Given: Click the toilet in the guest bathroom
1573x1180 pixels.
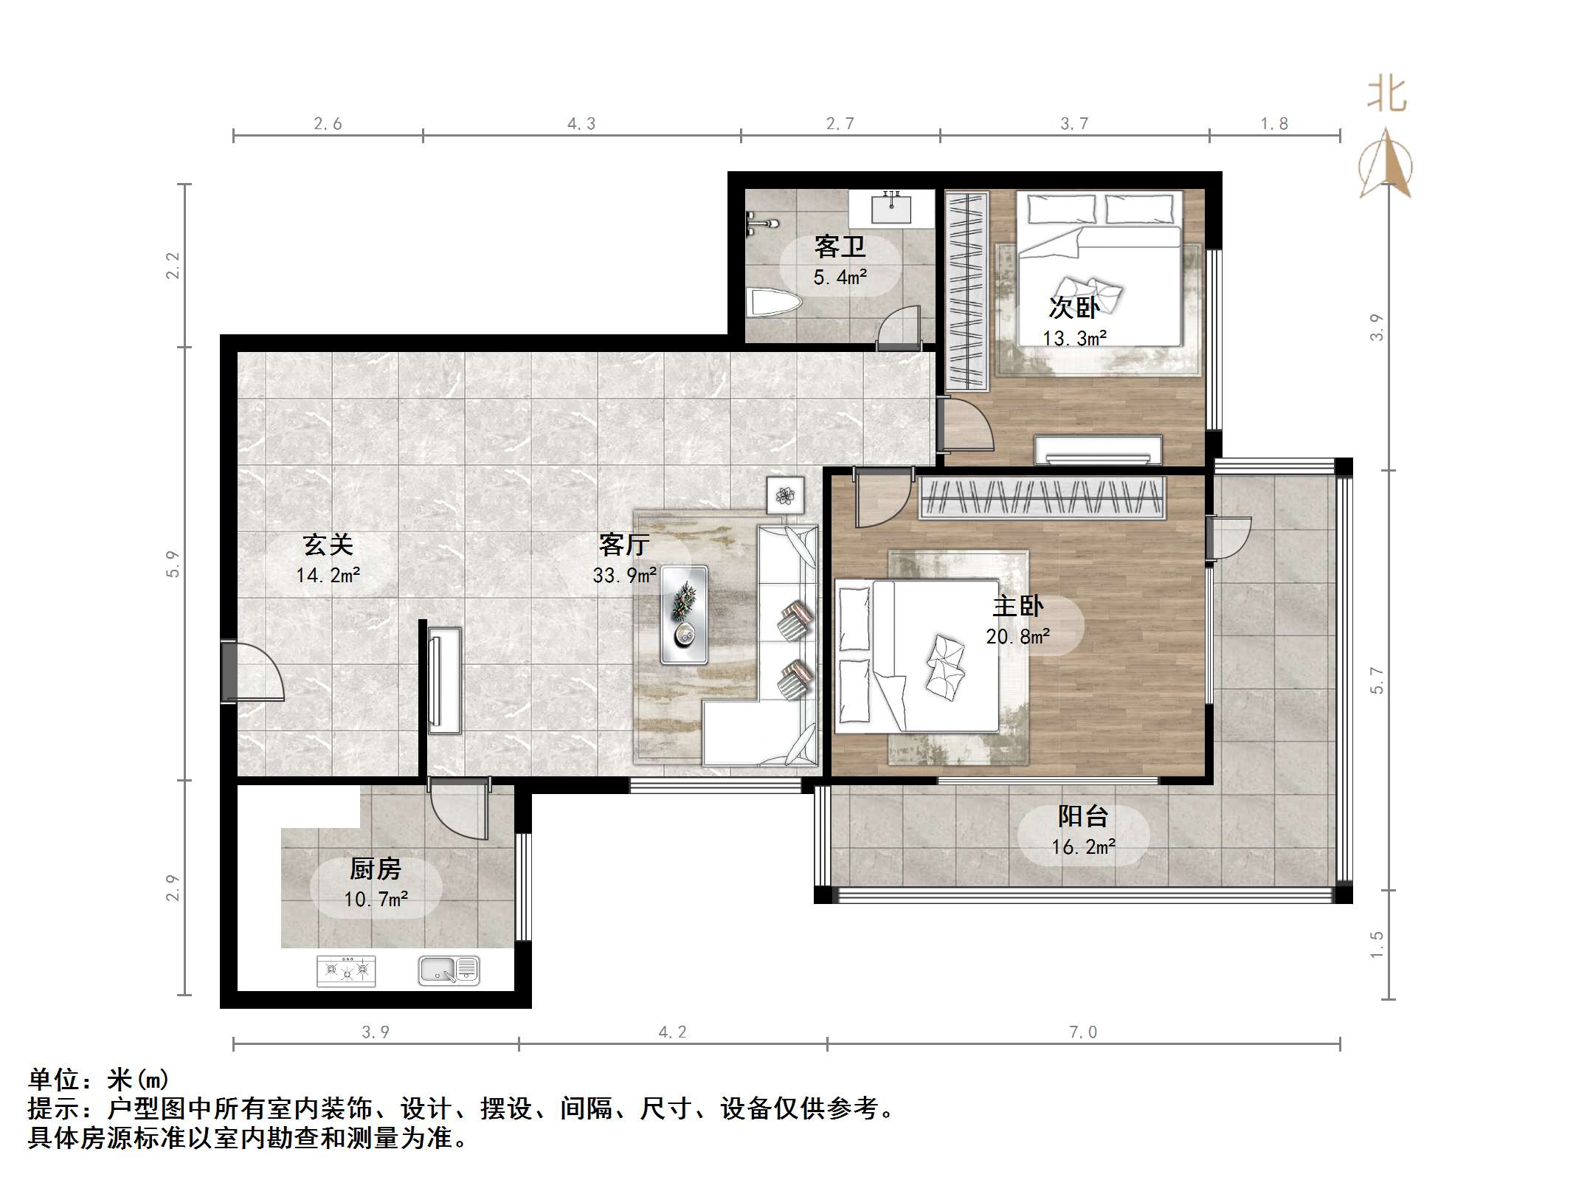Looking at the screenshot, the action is point(775,303).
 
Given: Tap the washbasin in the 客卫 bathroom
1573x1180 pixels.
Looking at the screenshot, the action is point(892,208).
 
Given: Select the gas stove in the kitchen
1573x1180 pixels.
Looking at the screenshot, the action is point(346,970).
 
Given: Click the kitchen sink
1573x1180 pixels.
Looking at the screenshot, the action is point(449,970).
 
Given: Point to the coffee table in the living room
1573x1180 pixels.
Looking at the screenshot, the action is point(684,615).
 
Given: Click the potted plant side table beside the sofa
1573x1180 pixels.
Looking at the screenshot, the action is point(785,494).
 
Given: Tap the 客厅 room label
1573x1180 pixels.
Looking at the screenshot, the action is point(624,545).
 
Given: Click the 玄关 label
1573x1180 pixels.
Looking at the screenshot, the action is point(328,545).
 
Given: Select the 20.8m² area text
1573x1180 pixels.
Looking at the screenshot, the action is point(1018,636).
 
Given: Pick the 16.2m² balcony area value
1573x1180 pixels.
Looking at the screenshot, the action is point(1083,846).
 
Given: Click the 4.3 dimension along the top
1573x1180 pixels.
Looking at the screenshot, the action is point(581,124).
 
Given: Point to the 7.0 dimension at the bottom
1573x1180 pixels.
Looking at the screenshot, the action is point(1083,1032).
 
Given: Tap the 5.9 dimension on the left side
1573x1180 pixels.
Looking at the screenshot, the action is point(173,564).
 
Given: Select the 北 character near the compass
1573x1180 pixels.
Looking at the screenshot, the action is point(1387,94).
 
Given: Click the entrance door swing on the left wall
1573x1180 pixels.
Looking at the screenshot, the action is point(253,672).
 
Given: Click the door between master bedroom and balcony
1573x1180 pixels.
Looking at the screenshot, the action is point(1229,537).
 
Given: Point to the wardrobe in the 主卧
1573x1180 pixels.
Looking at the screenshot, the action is point(1042,498).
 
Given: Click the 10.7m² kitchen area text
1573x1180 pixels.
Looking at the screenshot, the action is point(376,900).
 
